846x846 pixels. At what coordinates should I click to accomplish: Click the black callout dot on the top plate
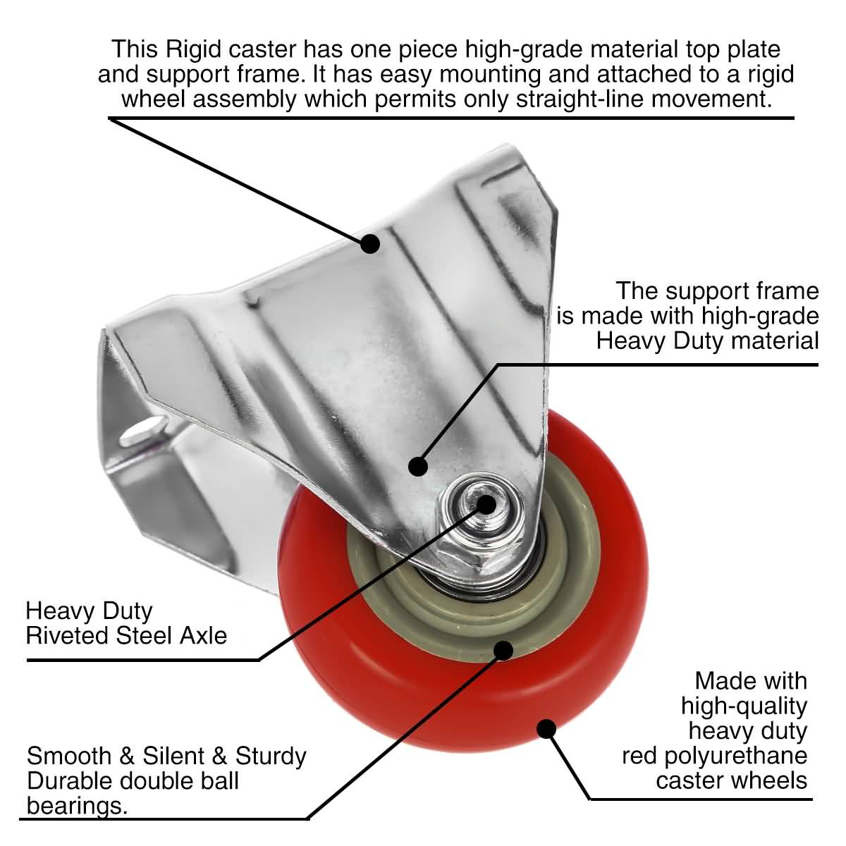pyautogui.click(x=370, y=244)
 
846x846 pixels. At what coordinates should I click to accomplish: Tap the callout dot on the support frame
pyautogui.click(x=419, y=466)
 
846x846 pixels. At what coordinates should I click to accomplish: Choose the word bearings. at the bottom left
pyautogui.click(x=78, y=806)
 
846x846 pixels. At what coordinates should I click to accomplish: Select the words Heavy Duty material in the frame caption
pyautogui.click(x=707, y=341)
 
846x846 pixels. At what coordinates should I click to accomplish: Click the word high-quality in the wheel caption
pyautogui.click(x=744, y=706)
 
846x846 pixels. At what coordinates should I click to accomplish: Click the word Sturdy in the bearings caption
pyautogui.click(x=271, y=756)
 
